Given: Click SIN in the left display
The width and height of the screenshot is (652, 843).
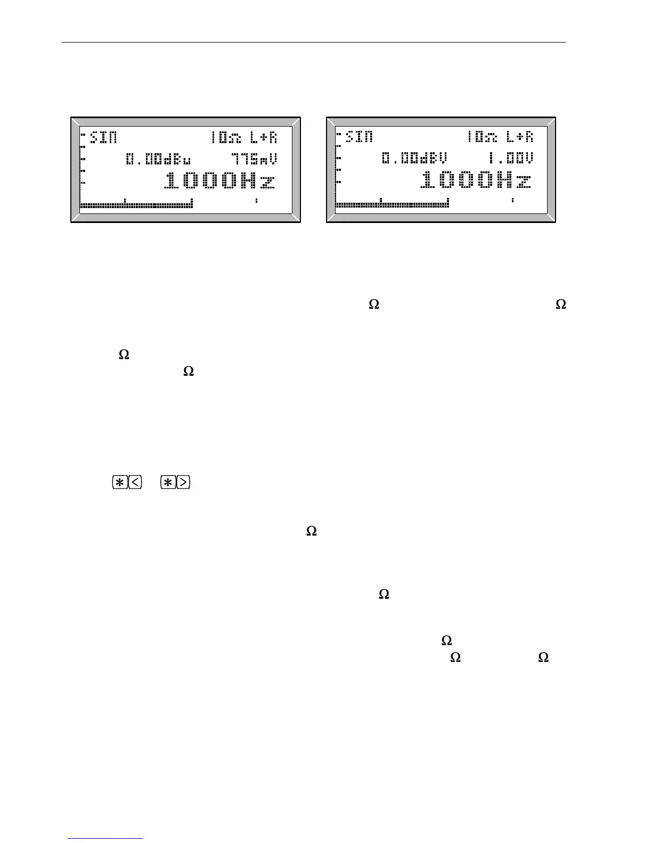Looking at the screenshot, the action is pyautogui.click(x=103, y=137).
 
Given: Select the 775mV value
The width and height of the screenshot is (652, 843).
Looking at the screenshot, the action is pyautogui.click(x=254, y=159).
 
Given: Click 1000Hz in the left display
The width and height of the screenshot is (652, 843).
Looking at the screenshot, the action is pyautogui.click(x=221, y=181).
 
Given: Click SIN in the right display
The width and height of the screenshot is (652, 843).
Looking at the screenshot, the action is pyautogui.click(x=360, y=137).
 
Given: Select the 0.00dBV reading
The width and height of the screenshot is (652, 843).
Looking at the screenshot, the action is pyautogui.click(x=414, y=159).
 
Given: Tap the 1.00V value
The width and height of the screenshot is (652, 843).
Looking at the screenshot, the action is pyautogui.click(x=511, y=159).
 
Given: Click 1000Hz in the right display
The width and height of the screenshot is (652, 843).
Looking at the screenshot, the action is pyautogui.click(x=476, y=181).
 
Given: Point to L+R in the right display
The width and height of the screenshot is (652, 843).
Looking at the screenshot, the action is pyautogui.click(x=519, y=137).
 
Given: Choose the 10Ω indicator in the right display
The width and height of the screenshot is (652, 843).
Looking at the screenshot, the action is pyautogui.click(x=481, y=137).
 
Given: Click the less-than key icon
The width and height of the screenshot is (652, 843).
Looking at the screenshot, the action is pyautogui.click(x=135, y=483).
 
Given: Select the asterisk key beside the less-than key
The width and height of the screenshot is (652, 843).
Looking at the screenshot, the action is pyautogui.click(x=120, y=483).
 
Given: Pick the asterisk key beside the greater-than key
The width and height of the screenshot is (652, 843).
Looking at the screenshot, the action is pyautogui.click(x=168, y=483).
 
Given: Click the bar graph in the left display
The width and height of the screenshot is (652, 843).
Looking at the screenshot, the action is pyautogui.click(x=136, y=205).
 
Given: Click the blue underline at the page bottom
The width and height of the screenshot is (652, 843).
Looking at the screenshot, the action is pyautogui.click(x=105, y=839).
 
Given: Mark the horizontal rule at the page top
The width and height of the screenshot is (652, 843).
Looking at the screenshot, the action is pyautogui.click(x=313, y=42).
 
